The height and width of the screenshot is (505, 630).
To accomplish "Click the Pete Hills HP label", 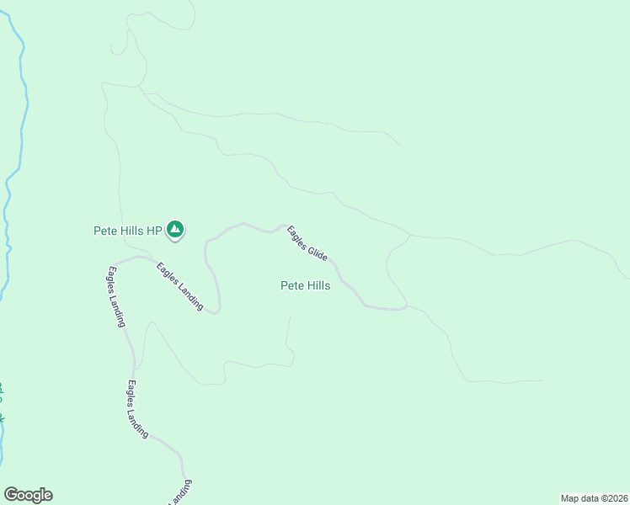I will pyautogui.click(x=127, y=230).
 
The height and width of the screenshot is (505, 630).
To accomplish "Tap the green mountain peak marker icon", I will pyautogui.click(x=175, y=228).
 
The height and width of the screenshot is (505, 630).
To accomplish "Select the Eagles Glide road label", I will pyautogui.click(x=307, y=242).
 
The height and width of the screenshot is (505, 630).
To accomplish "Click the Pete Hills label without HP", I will pyautogui.click(x=305, y=286).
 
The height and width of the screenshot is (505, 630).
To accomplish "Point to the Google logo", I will pyautogui.click(x=28, y=495).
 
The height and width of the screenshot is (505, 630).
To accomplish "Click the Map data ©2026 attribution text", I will pyautogui.click(x=594, y=497).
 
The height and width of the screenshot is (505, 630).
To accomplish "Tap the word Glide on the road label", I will pyautogui.click(x=316, y=251).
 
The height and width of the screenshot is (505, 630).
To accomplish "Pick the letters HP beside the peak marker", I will pyautogui.click(x=154, y=230).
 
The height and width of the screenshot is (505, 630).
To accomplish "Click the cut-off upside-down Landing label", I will pyautogui.click(x=180, y=493).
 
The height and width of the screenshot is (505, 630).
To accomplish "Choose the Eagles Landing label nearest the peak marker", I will pyautogui.click(x=179, y=287).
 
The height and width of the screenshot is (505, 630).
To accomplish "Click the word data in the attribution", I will pyautogui.click(x=588, y=497).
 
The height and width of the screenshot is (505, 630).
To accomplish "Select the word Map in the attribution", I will pyautogui.click(x=569, y=497).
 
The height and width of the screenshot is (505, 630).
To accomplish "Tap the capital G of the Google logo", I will pyautogui.click(x=11, y=495).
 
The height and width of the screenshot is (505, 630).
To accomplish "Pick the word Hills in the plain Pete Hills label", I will pyautogui.click(x=318, y=286).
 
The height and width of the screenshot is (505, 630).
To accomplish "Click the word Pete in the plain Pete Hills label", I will pyautogui.click(x=291, y=286).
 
